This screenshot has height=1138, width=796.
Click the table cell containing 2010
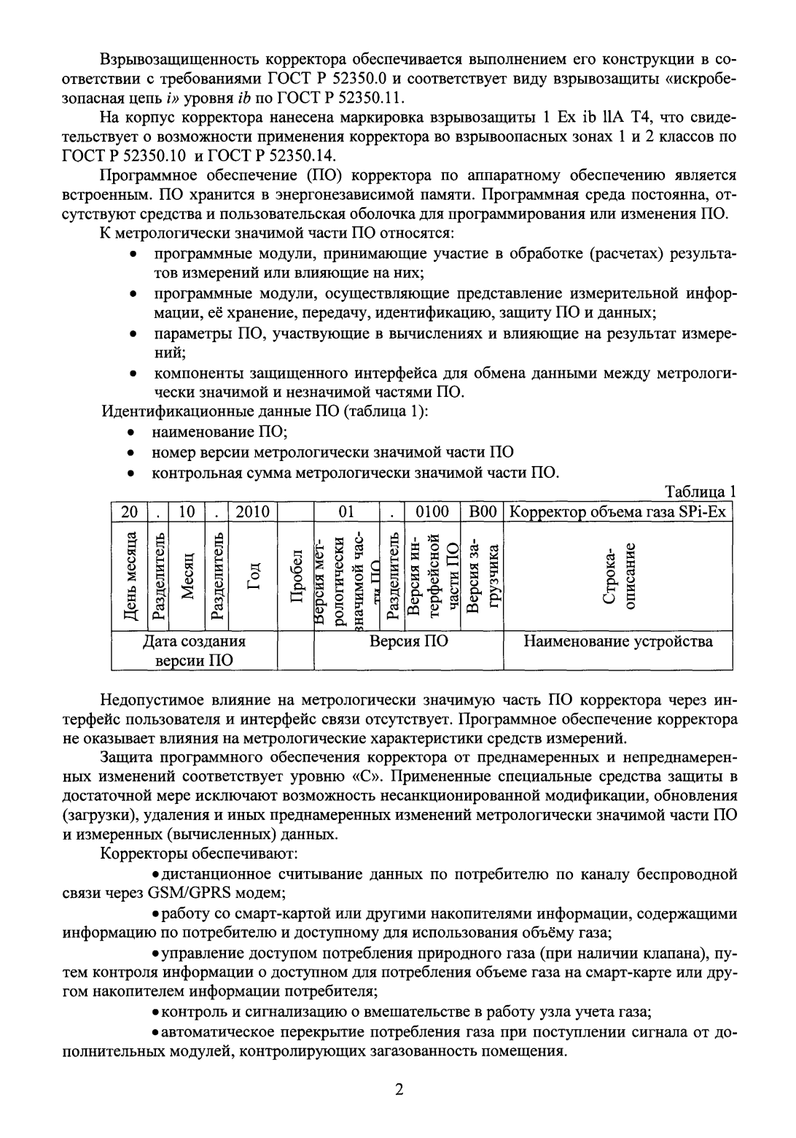253,512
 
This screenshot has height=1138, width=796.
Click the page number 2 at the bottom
398,1090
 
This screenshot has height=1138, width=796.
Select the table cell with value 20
130,512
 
